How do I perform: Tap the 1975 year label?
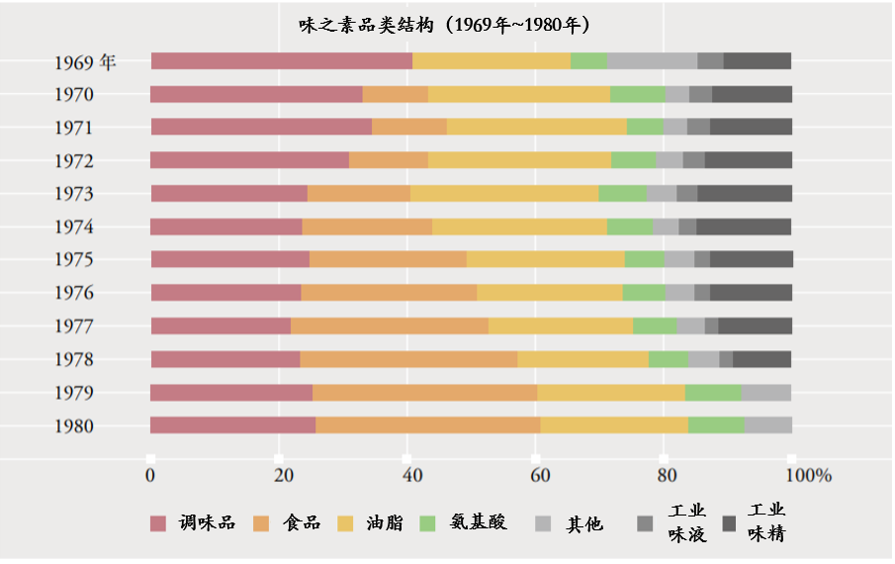point(75,259)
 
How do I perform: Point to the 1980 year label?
point(75,426)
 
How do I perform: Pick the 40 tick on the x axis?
point(408,476)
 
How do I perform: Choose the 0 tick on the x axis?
point(150,476)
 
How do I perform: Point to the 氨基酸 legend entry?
point(464,522)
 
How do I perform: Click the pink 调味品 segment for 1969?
point(282,61)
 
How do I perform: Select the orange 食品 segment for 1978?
point(408,359)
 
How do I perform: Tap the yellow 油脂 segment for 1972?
point(519,160)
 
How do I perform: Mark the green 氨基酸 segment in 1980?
point(716,425)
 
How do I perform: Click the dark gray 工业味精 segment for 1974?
point(744,227)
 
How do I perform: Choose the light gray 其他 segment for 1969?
point(652,61)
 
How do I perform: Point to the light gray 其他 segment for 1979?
point(766,393)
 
